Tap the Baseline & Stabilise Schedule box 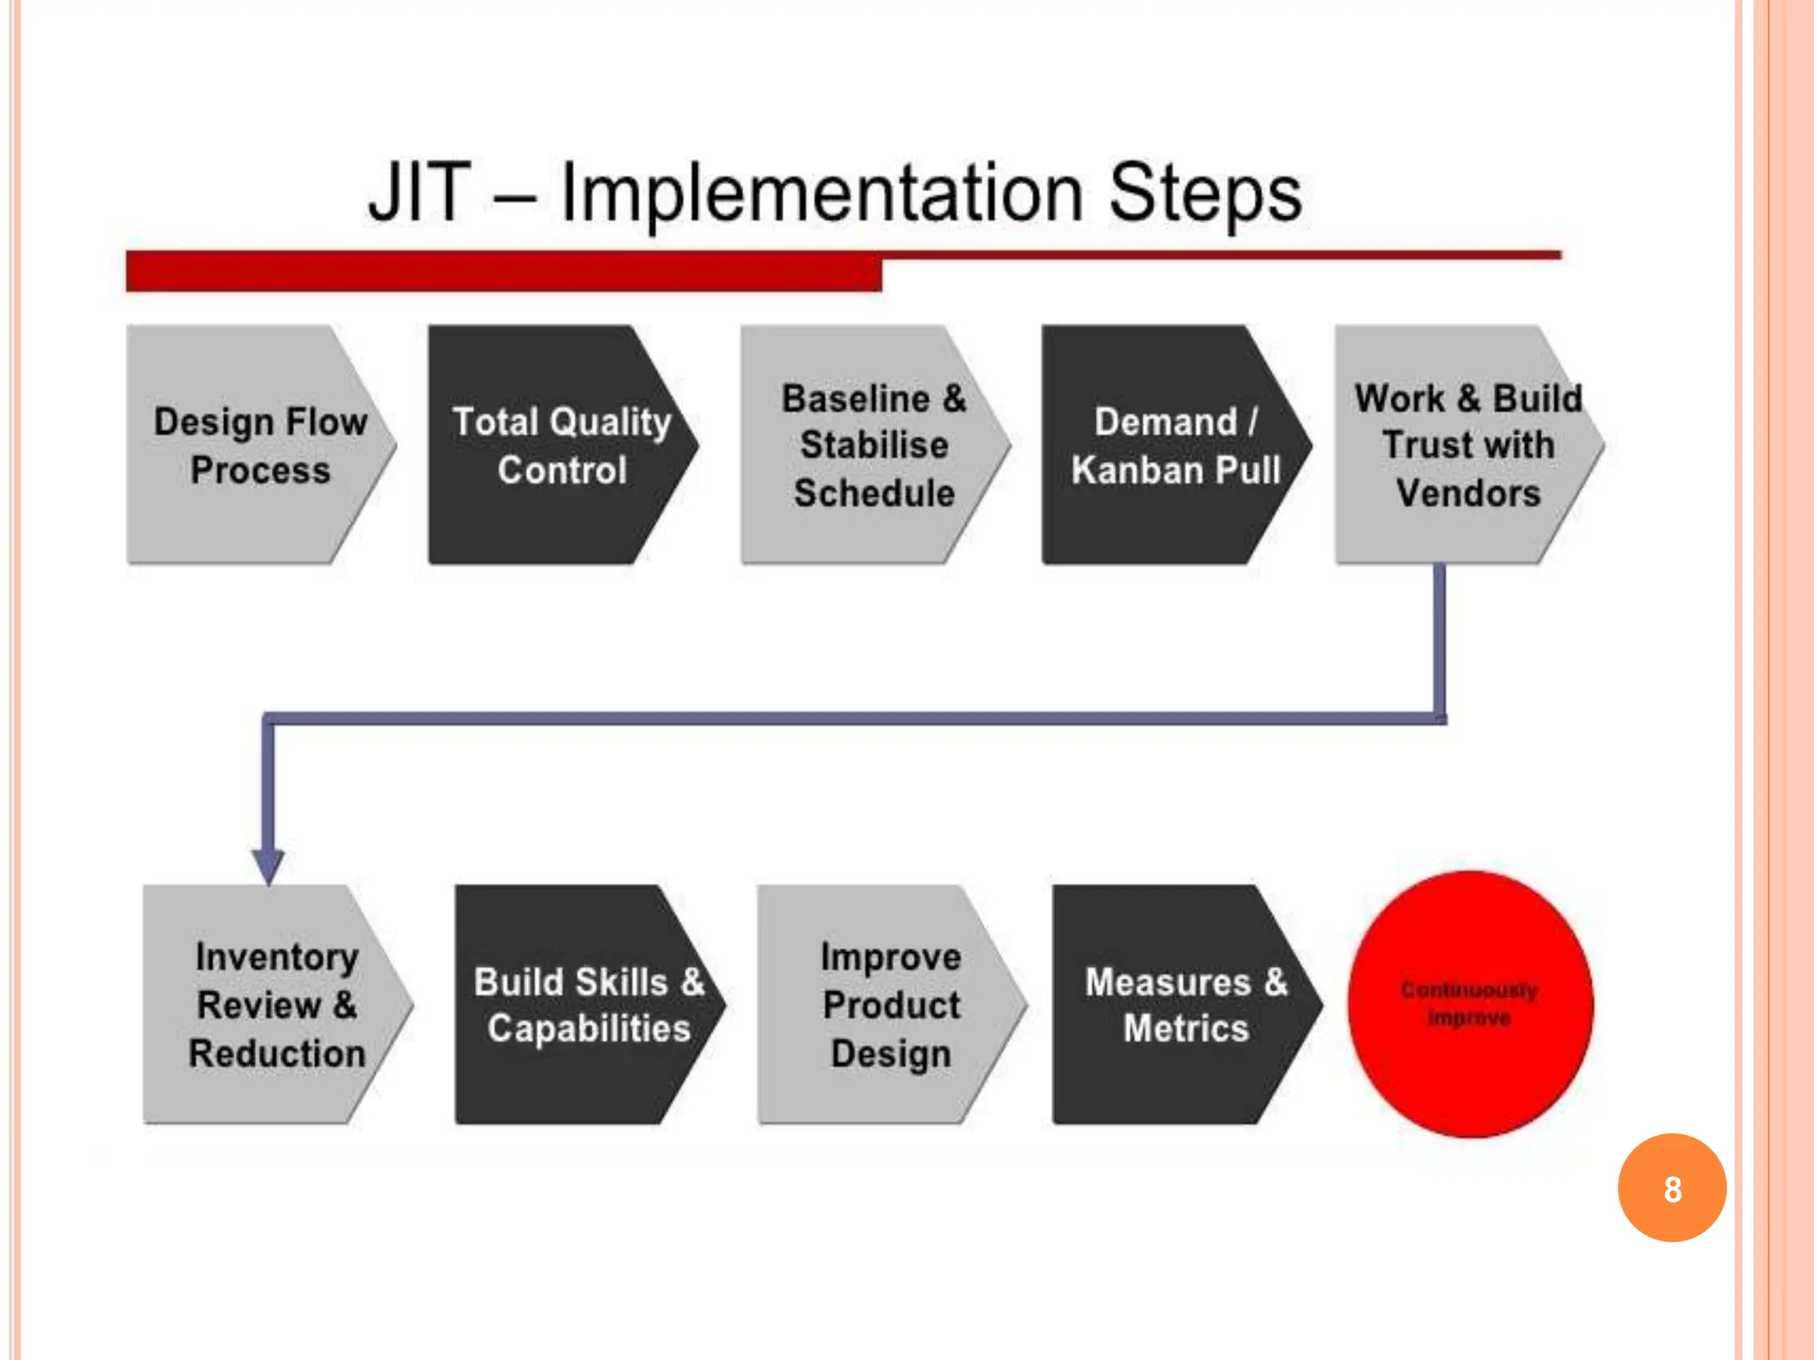(872, 444)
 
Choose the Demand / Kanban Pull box (1174, 444)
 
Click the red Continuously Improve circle (1469, 1004)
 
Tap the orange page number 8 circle (1671, 1188)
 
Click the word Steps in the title (1205, 193)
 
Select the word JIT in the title (419, 193)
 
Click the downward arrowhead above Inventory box (267, 864)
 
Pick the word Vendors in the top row (1468, 493)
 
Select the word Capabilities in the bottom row (588, 1029)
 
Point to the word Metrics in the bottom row (1185, 1029)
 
